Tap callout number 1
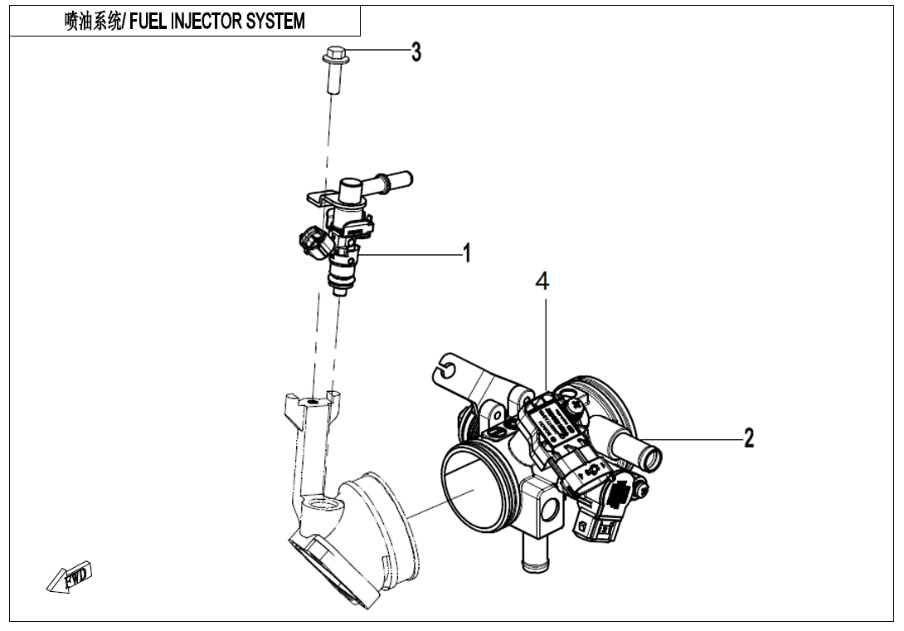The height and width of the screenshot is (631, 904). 467,252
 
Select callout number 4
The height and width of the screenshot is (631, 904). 542,281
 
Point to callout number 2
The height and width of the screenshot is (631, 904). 748,438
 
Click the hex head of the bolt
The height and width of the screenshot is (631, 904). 333,56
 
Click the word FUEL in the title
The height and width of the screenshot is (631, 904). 148,22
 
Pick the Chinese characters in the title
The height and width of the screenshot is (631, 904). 91,22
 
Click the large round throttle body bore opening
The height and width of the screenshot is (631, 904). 472,490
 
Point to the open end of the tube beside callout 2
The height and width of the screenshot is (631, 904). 652,457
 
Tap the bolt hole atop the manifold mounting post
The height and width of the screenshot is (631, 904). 312,402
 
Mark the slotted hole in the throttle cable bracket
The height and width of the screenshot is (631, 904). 445,366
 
